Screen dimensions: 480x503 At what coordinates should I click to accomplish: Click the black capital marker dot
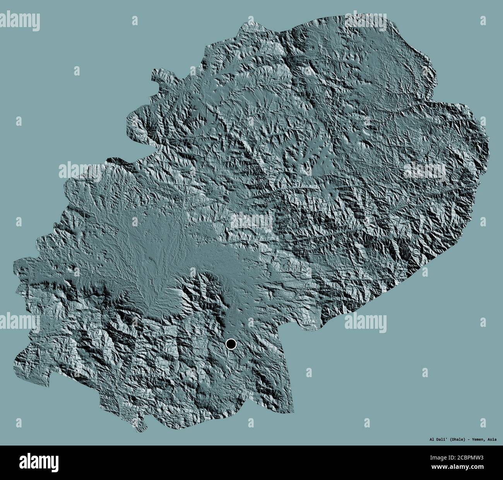pos(231,344)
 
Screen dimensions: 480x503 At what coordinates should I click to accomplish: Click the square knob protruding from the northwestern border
pos(159,76)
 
